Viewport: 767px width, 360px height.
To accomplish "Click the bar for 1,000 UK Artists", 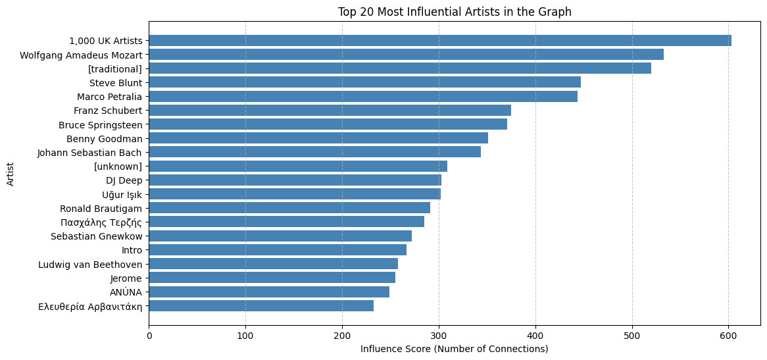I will click(x=440, y=41).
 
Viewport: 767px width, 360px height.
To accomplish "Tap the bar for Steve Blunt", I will click(x=365, y=82).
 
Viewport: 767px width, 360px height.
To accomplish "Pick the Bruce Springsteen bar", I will click(x=328, y=124).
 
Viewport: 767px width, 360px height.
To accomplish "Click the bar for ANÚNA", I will click(x=269, y=292).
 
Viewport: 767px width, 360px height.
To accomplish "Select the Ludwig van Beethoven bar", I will click(x=274, y=264).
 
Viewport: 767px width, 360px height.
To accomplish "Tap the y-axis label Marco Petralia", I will click(x=110, y=96).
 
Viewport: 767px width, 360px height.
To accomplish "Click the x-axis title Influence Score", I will click(x=454, y=348).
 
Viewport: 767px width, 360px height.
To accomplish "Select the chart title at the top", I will click(x=454, y=11).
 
